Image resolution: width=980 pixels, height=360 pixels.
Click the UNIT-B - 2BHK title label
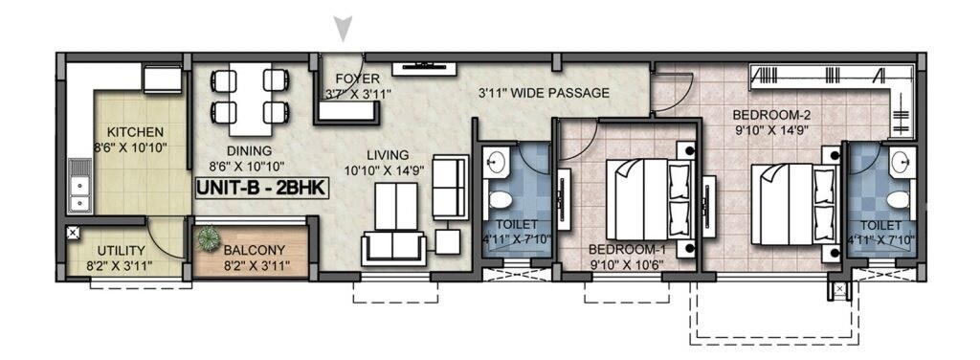(261, 189)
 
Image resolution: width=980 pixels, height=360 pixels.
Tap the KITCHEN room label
(135, 131)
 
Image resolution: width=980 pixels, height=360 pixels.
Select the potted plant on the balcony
(208, 239)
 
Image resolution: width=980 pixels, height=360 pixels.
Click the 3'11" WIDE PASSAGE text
(544, 94)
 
